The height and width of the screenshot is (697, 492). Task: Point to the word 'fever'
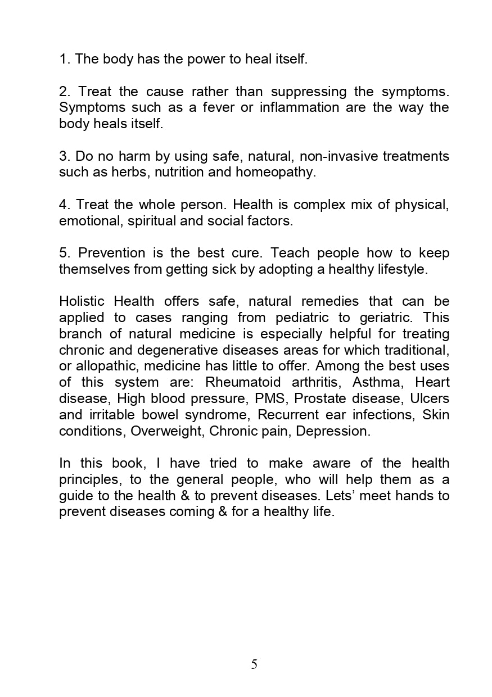click(219, 107)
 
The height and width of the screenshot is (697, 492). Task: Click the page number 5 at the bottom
click(254, 664)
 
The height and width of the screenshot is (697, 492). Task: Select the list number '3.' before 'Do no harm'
click(65, 156)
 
